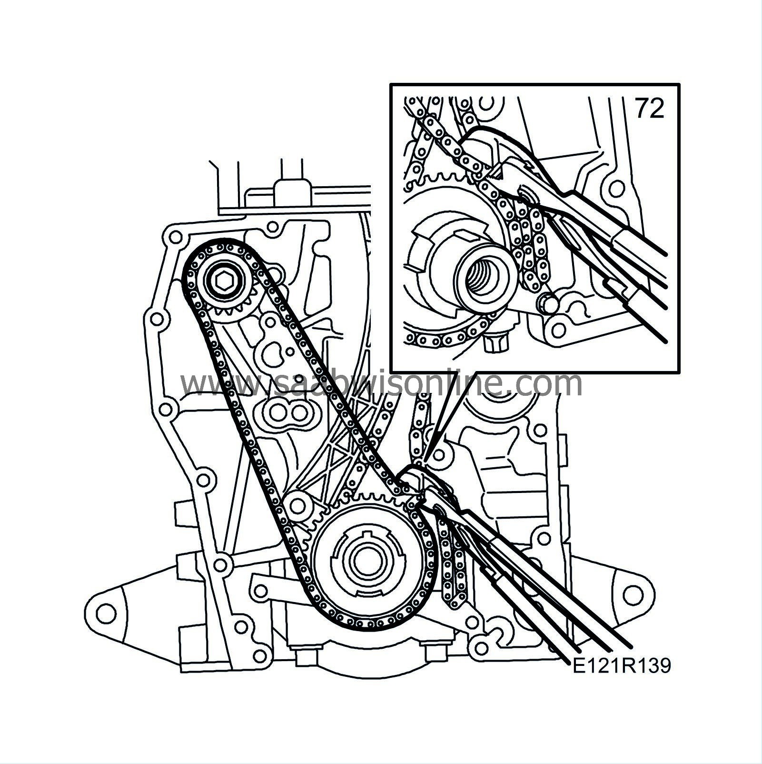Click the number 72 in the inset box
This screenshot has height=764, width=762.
click(650, 110)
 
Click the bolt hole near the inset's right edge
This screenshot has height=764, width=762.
click(618, 187)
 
